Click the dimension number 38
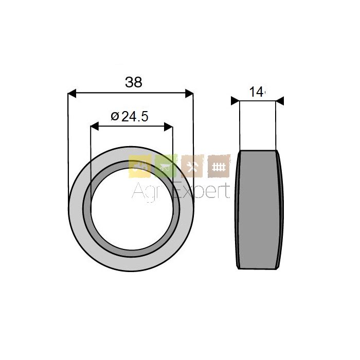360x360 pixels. coord(134,82)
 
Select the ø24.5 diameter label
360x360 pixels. coord(130,117)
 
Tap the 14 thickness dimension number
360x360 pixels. coord(257,92)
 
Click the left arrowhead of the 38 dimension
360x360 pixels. coord(72,94)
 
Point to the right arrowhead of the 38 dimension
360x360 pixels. coord(189,94)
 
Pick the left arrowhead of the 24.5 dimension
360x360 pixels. coord(95,127)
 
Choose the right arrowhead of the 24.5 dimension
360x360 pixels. coord(168,127)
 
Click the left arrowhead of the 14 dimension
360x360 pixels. coord(235,101)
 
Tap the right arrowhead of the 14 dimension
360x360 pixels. coord(280,101)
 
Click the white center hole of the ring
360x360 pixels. coord(132,209)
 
